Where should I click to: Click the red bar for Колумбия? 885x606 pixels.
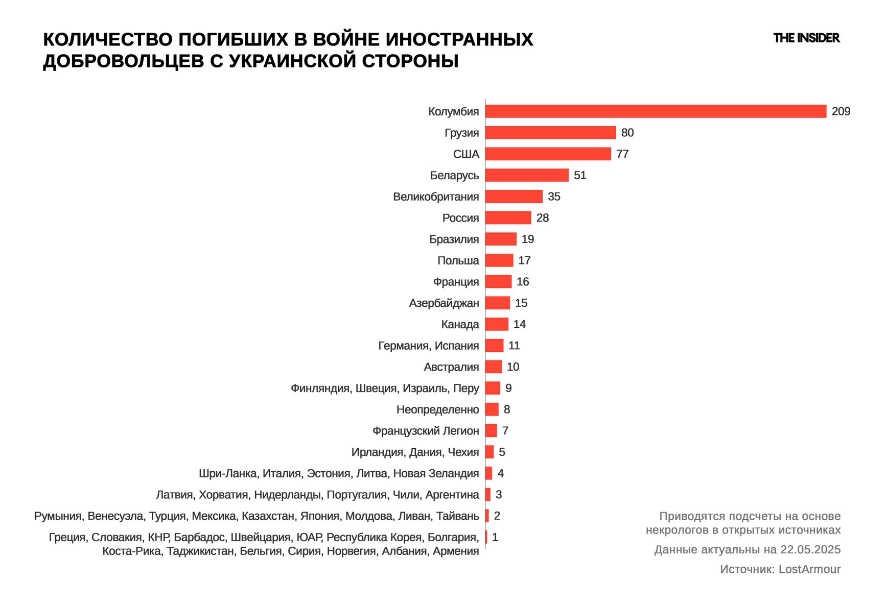[656, 111]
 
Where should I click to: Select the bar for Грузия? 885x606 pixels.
[550, 133]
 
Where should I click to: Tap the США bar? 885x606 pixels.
[548, 154]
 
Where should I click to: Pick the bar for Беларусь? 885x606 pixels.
[527, 175]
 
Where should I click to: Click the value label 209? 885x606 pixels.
[841, 111]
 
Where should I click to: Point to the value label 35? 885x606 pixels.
[554, 197]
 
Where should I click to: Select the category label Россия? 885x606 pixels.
[460, 218]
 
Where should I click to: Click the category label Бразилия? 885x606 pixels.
[454, 239]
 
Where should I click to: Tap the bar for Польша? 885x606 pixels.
[499, 260]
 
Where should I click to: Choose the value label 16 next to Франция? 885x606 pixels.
[523, 282]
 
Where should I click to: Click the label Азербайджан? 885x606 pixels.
[444, 303]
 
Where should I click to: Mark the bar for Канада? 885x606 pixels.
[497, 324]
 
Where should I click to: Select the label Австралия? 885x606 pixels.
[451, 367]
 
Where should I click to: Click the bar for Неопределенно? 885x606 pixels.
[492, 409]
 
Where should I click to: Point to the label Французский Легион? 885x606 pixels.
[426, 431]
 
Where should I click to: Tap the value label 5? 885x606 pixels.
[502, 452]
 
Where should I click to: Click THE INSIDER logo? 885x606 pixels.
[806, 38]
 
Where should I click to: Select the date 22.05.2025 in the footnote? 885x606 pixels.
[810, 549]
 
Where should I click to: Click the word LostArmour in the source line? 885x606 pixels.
[809, 569]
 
